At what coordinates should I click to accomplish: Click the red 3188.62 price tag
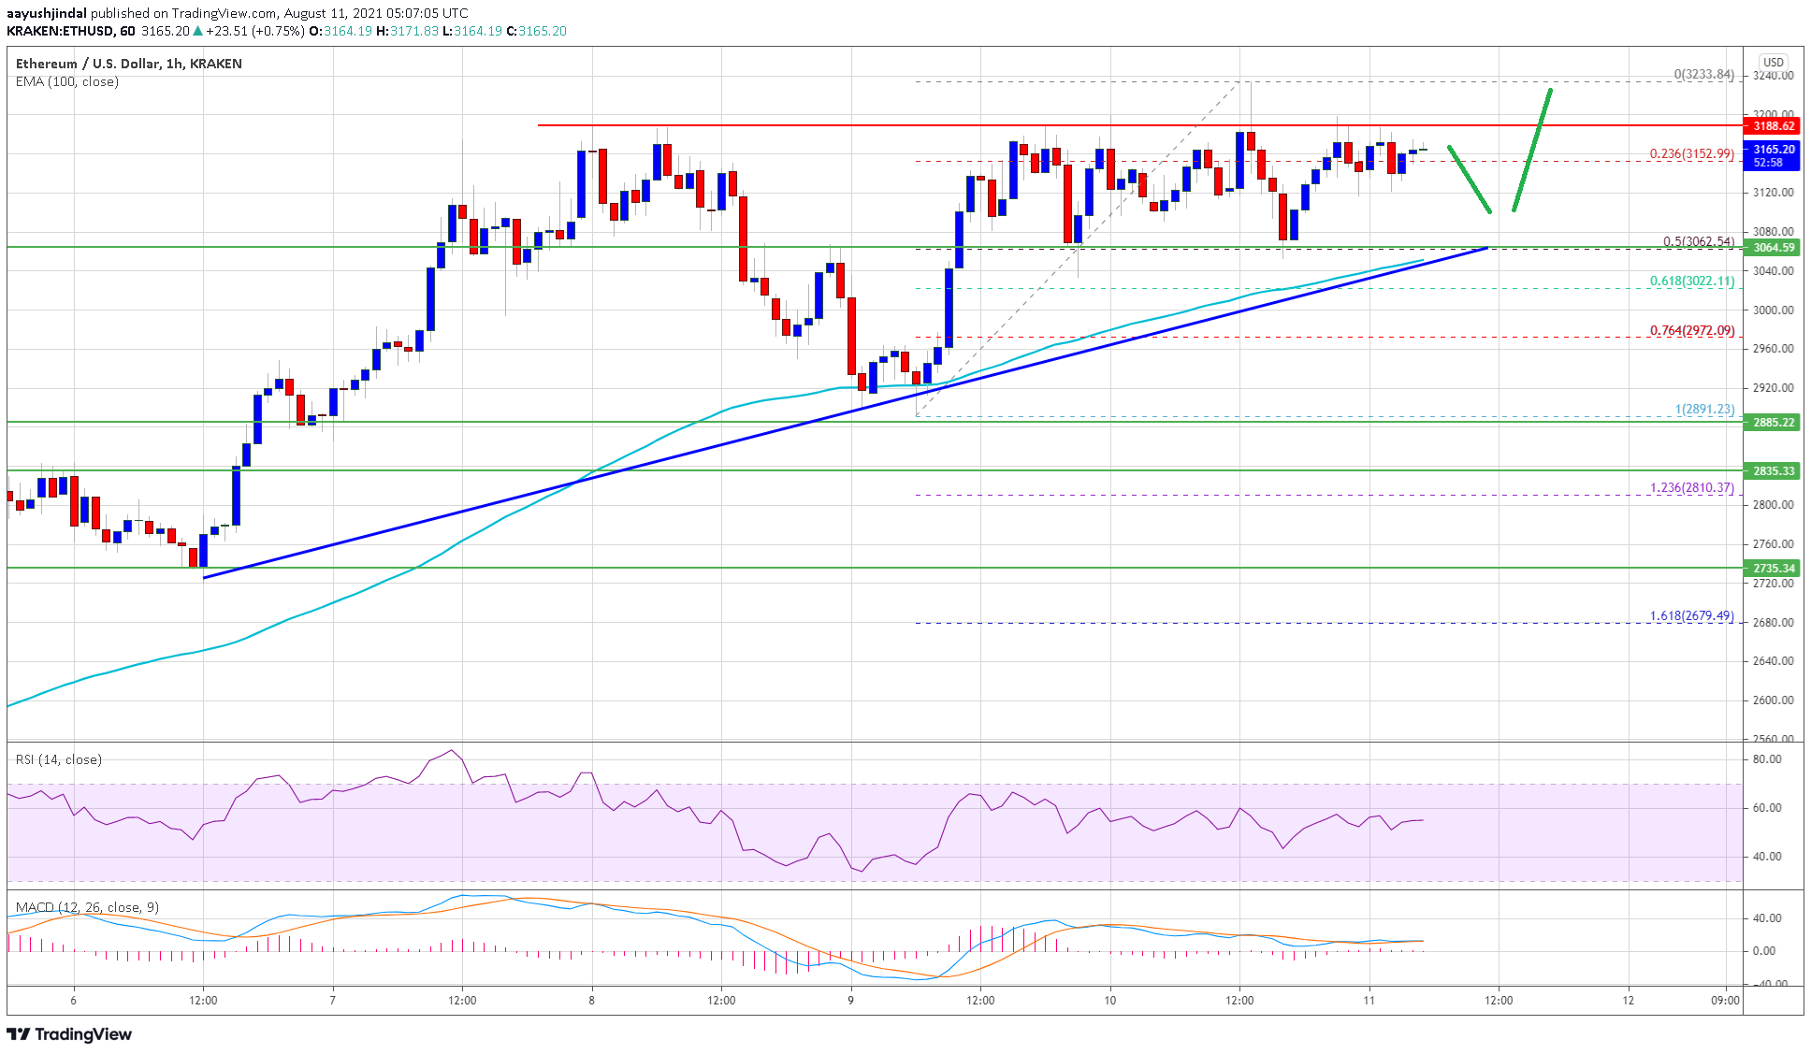point(1773,126)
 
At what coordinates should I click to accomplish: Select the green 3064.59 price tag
point(1773,248)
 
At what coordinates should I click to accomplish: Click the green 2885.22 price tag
point(1773,423)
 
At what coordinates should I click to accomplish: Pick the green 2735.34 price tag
point(1773,569)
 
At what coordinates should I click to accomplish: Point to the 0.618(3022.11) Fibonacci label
point(1691,281)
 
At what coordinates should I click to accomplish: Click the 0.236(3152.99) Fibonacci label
point(1691,154)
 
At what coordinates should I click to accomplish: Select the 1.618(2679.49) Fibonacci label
point(1691,616)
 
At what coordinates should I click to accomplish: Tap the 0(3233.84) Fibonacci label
point(1703,75)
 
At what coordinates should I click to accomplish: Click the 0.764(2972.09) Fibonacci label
point(1691,331)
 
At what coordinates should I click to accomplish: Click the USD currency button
point(1773,63)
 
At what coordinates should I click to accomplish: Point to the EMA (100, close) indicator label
point(67,82)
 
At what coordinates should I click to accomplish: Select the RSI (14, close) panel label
point(59,759)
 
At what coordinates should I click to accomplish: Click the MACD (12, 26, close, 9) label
point(87,907)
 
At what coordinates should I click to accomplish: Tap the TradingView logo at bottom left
point(69,1034)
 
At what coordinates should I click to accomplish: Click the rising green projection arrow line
point(1532,150)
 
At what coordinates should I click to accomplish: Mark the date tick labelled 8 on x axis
point(591,1001)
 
